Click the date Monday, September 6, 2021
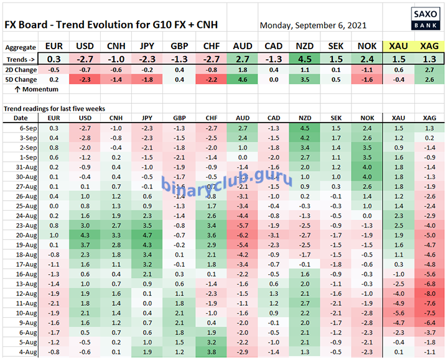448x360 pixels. [x=313, y=25]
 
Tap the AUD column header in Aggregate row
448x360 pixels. [x=242, y=46]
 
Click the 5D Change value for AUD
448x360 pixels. [x=242, y=80]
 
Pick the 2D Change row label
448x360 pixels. [x=21, y=70]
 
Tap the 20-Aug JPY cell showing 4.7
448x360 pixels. [x=147, y=235]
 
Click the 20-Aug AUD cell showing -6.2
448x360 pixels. [x=242, y=235]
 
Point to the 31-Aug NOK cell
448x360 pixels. [x=367, y=167]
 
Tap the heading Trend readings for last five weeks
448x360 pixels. [x=52, y=108]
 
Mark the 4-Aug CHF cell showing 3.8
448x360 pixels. [x=210, y=351]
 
